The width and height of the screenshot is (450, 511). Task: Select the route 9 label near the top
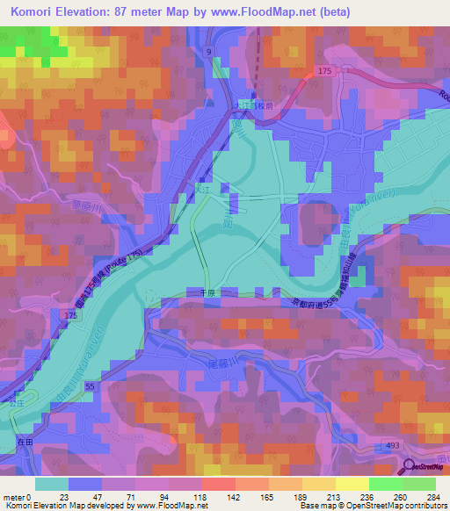[x=209, y=54]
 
